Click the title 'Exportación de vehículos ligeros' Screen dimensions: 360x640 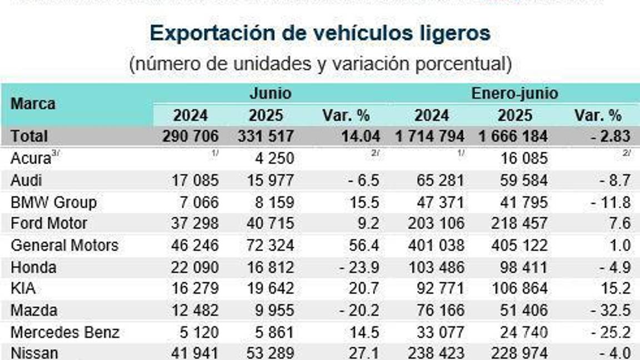(320, 33)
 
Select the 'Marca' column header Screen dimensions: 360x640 (33, 104)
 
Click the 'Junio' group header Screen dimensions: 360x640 (270, 93)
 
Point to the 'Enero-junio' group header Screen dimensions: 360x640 (514, 93)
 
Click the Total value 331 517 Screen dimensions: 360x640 (266, 136)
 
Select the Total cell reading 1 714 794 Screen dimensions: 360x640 (431, 136)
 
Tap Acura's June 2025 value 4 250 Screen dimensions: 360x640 (272, 158)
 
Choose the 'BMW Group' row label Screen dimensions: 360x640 (53, 202)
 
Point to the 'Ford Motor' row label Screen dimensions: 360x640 (49, 224)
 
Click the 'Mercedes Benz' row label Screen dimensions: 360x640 (65, 332)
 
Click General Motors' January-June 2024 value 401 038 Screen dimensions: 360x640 (436, 246)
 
